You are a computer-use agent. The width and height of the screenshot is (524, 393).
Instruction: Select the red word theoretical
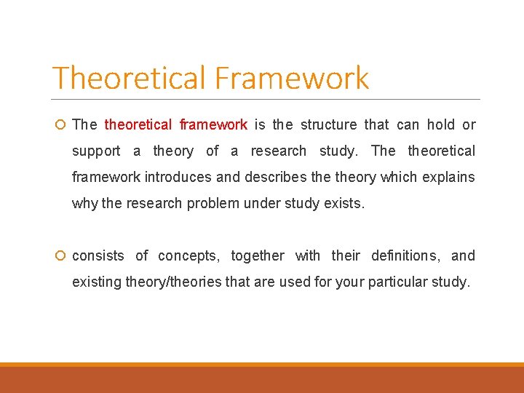[x=138, y=124]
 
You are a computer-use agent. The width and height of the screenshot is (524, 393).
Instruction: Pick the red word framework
[x=213, y=124]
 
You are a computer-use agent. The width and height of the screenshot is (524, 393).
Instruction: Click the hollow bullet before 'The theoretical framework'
[x=60, y=125]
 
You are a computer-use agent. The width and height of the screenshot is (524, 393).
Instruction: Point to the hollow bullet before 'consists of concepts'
[x=60, y=256]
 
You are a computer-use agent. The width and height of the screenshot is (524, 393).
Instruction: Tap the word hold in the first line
[x=440, y=124]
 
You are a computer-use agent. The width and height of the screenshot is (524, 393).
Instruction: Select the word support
[x=96, y=151]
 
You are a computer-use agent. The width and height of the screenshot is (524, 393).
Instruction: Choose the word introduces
[x=178, y=177]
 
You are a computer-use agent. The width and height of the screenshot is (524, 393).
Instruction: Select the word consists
[x=98, y=255]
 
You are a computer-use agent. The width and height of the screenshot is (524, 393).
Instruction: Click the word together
[x=258, y=255]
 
